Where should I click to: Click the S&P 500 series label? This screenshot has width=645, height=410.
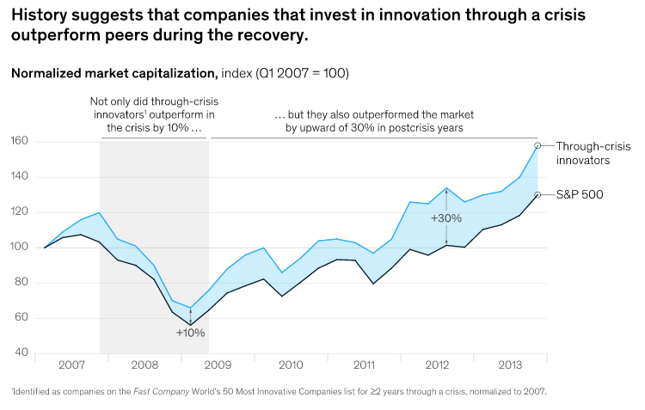(580, 195)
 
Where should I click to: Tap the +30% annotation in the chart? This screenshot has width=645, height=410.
(447, 218)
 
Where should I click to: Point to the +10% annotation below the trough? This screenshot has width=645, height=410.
(190, 332)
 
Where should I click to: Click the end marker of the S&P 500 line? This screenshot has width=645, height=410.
(537, 194)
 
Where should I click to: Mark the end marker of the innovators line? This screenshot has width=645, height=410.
(537, 145)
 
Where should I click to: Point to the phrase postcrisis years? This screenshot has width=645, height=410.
(428, 127)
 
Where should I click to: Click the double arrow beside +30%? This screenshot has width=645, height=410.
(447, 199)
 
